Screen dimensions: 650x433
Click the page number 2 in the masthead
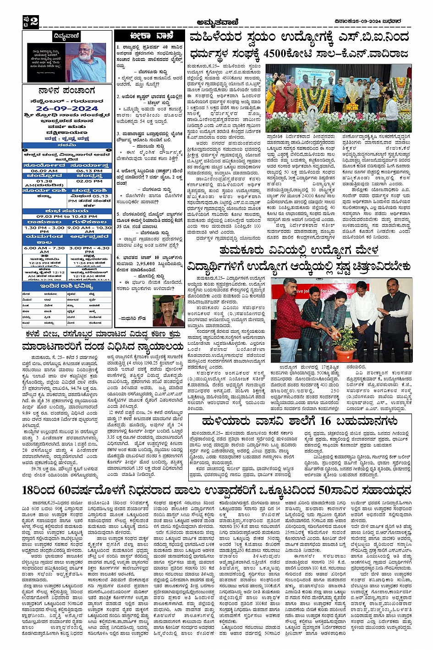point(33,20)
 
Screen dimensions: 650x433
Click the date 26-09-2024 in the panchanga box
point(67,109)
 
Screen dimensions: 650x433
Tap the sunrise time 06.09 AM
point(44,171)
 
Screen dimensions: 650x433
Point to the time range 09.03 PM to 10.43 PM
point(67,216)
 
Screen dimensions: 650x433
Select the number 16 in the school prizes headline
point(326,421)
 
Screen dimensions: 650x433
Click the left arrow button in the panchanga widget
point(25,150)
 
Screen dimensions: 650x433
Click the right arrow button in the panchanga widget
point(109,150)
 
